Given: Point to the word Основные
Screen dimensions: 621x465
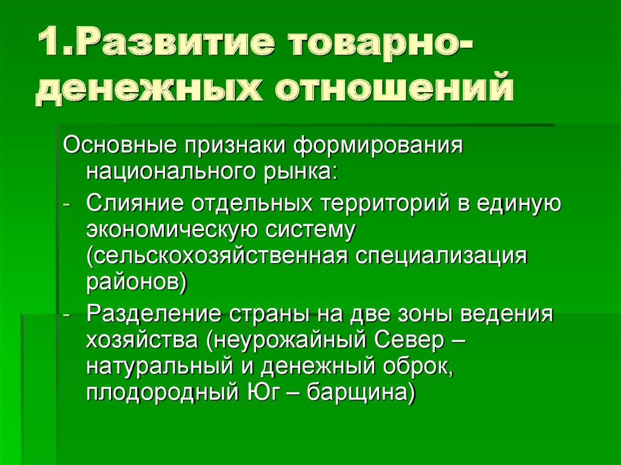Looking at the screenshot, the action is [119, 146].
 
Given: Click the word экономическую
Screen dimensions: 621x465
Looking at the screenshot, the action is [172, 230].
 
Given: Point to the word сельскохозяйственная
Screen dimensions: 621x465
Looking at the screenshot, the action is [218, 256].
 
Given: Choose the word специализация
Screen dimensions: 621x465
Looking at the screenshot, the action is [441, 257].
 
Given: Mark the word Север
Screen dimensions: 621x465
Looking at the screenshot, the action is [409, 340].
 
